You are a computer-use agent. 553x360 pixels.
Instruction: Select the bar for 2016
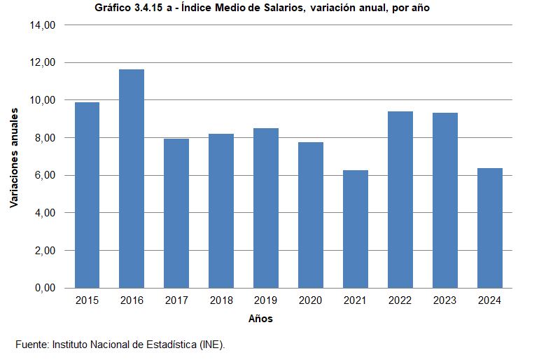132,179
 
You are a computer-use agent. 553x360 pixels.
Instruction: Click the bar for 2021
356,229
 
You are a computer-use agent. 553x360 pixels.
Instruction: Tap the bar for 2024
490,228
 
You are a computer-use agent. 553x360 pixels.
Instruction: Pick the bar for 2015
87,195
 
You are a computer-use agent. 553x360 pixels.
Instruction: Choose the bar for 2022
400,200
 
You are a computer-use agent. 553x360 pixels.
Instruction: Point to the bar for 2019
266,208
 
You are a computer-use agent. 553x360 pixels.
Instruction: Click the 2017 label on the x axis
176,300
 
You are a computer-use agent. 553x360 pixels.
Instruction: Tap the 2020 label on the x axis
311,300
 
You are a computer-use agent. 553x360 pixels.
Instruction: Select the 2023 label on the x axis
445,300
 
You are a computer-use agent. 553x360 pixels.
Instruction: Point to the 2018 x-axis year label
221,300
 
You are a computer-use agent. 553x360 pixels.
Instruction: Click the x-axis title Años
260,319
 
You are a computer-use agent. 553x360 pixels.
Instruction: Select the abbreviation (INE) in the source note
212,345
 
